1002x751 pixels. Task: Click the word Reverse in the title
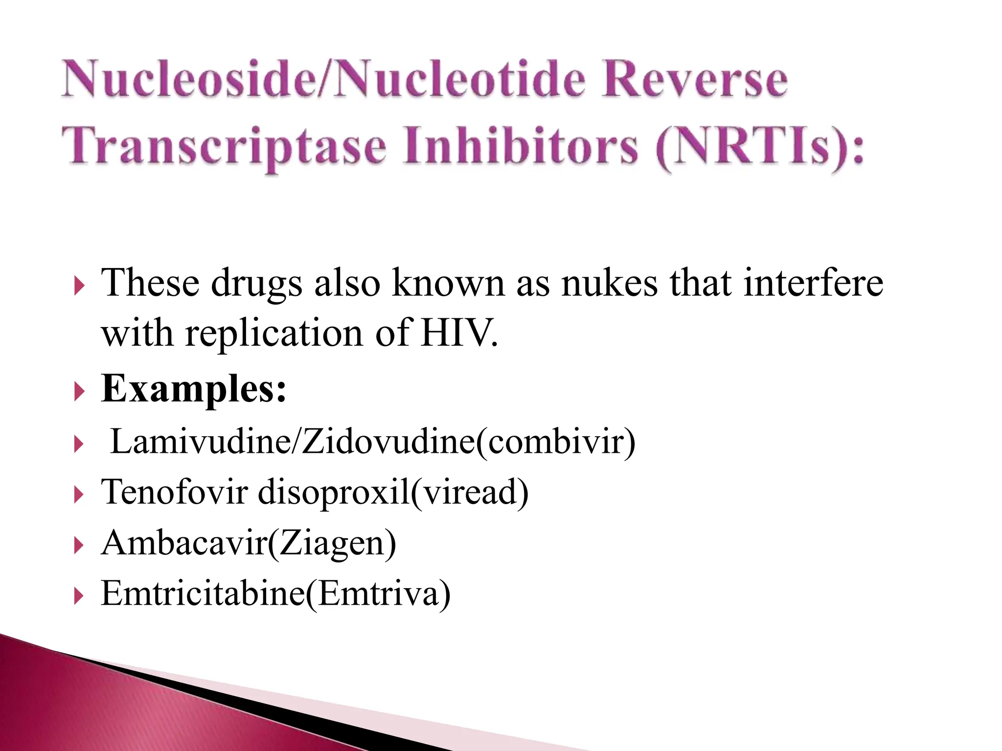(x=694, y=79)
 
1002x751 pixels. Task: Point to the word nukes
(x=609, y=284)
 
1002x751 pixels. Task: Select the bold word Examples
(x=193, y=389)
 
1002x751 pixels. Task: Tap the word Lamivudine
(x=201, y=442)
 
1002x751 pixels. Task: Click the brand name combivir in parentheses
(x=555, y=442)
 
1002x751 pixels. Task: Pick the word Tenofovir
(x=174, y=492)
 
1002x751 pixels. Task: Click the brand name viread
(x=470, y=492)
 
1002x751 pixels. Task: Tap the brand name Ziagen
(x=333, y=544)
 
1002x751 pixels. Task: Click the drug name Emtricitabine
(x=203, y=593)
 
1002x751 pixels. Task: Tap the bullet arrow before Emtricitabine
(x=79, y=596)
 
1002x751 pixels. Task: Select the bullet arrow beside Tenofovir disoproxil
(x=79, y=494)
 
